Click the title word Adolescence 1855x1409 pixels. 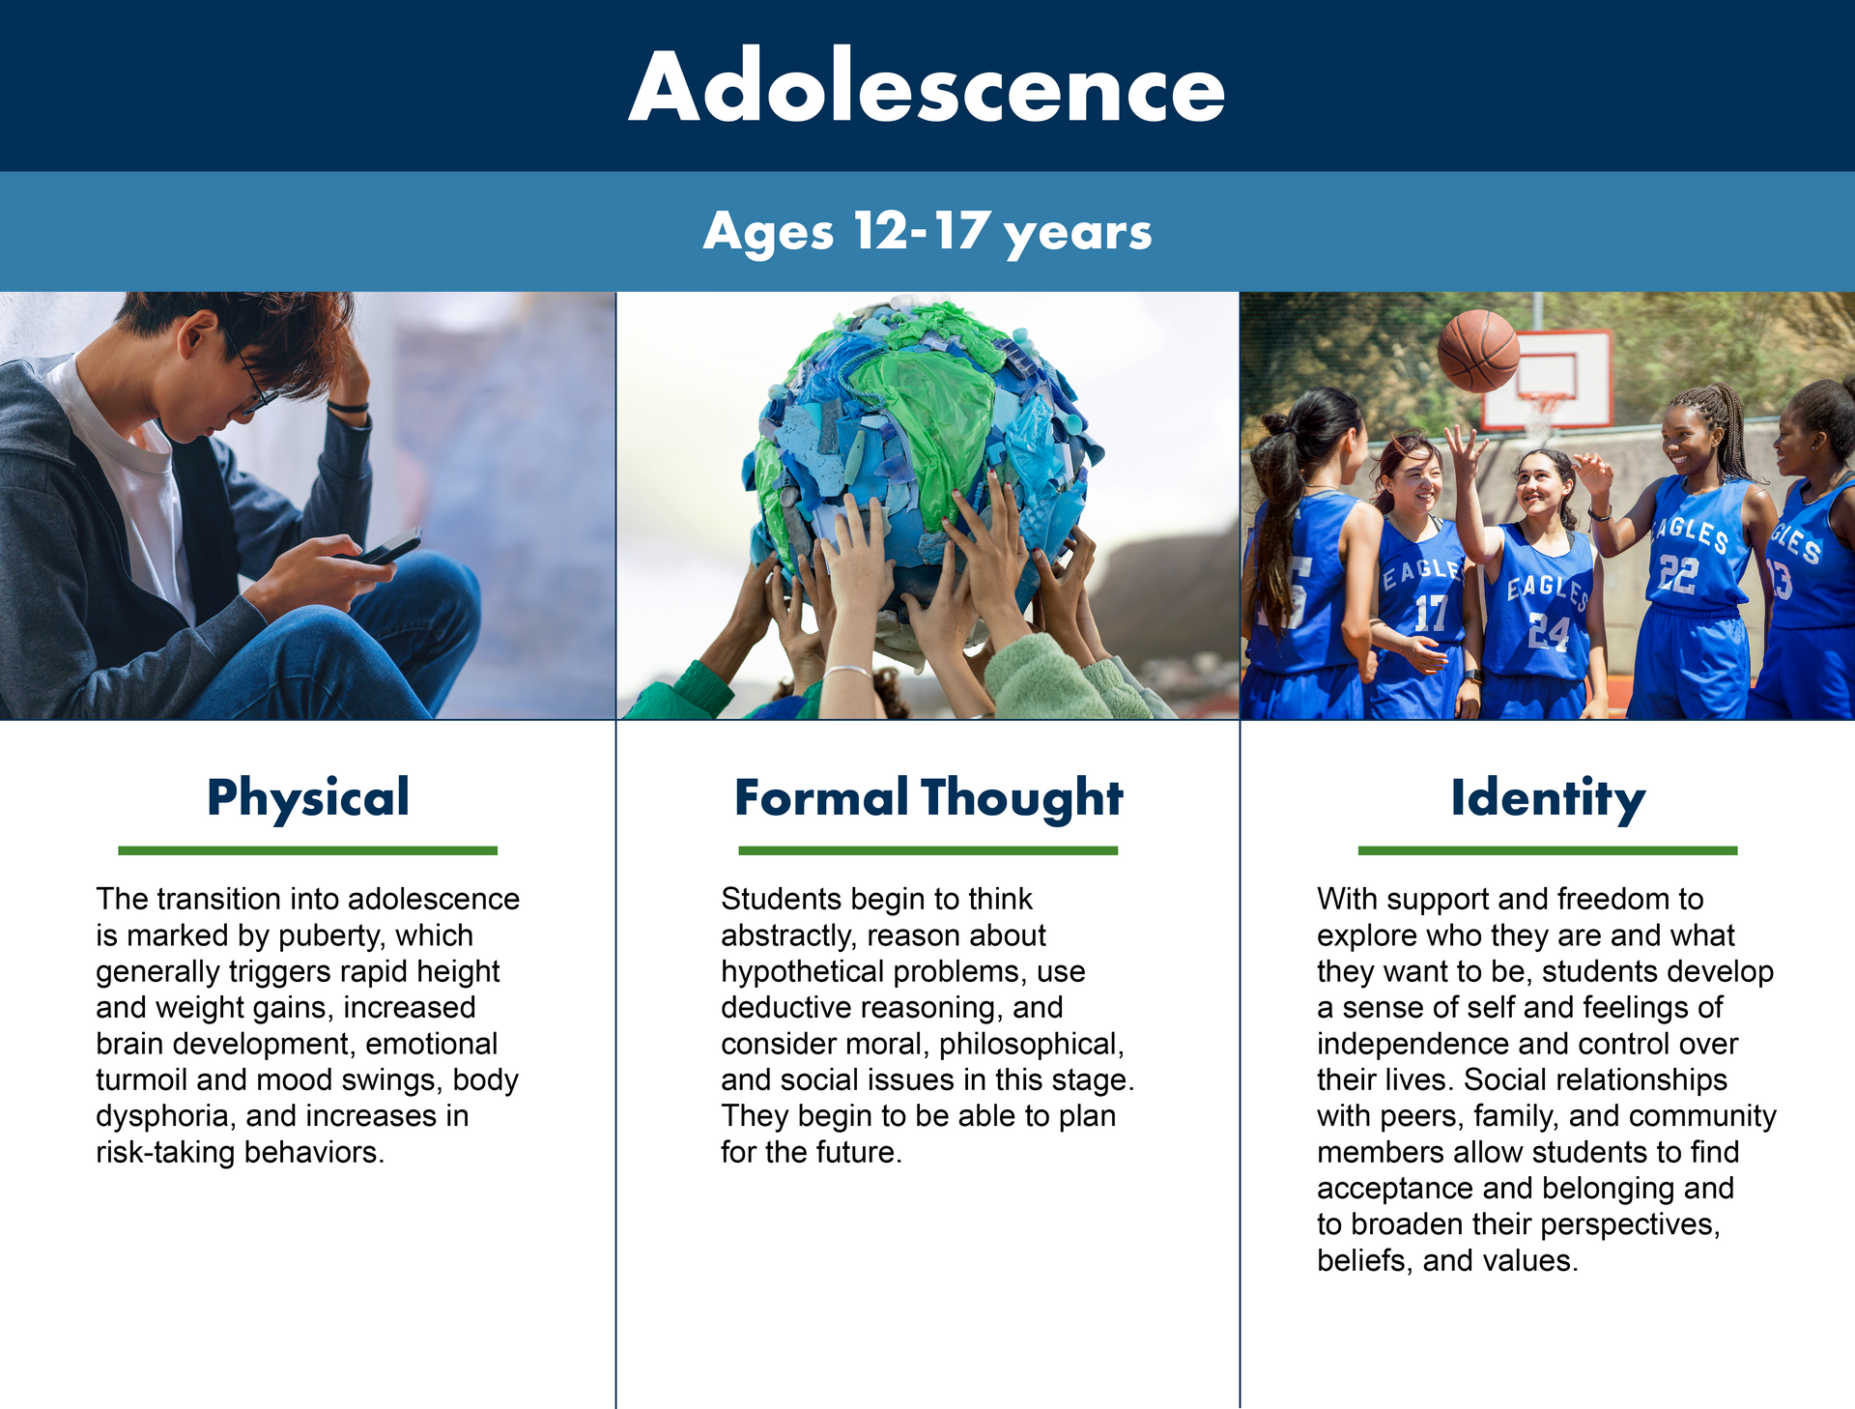927,87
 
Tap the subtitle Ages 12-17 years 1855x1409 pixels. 927,232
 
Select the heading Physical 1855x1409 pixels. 308,798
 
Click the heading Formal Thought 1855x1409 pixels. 928,798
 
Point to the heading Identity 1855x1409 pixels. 1548,798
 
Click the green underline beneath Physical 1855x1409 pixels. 307,850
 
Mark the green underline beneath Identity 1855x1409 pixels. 1548,850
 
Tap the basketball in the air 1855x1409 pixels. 1478,351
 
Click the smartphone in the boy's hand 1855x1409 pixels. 390,547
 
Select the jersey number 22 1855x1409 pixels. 1678,574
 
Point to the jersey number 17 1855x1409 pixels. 1431,612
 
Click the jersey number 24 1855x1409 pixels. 1549,632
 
